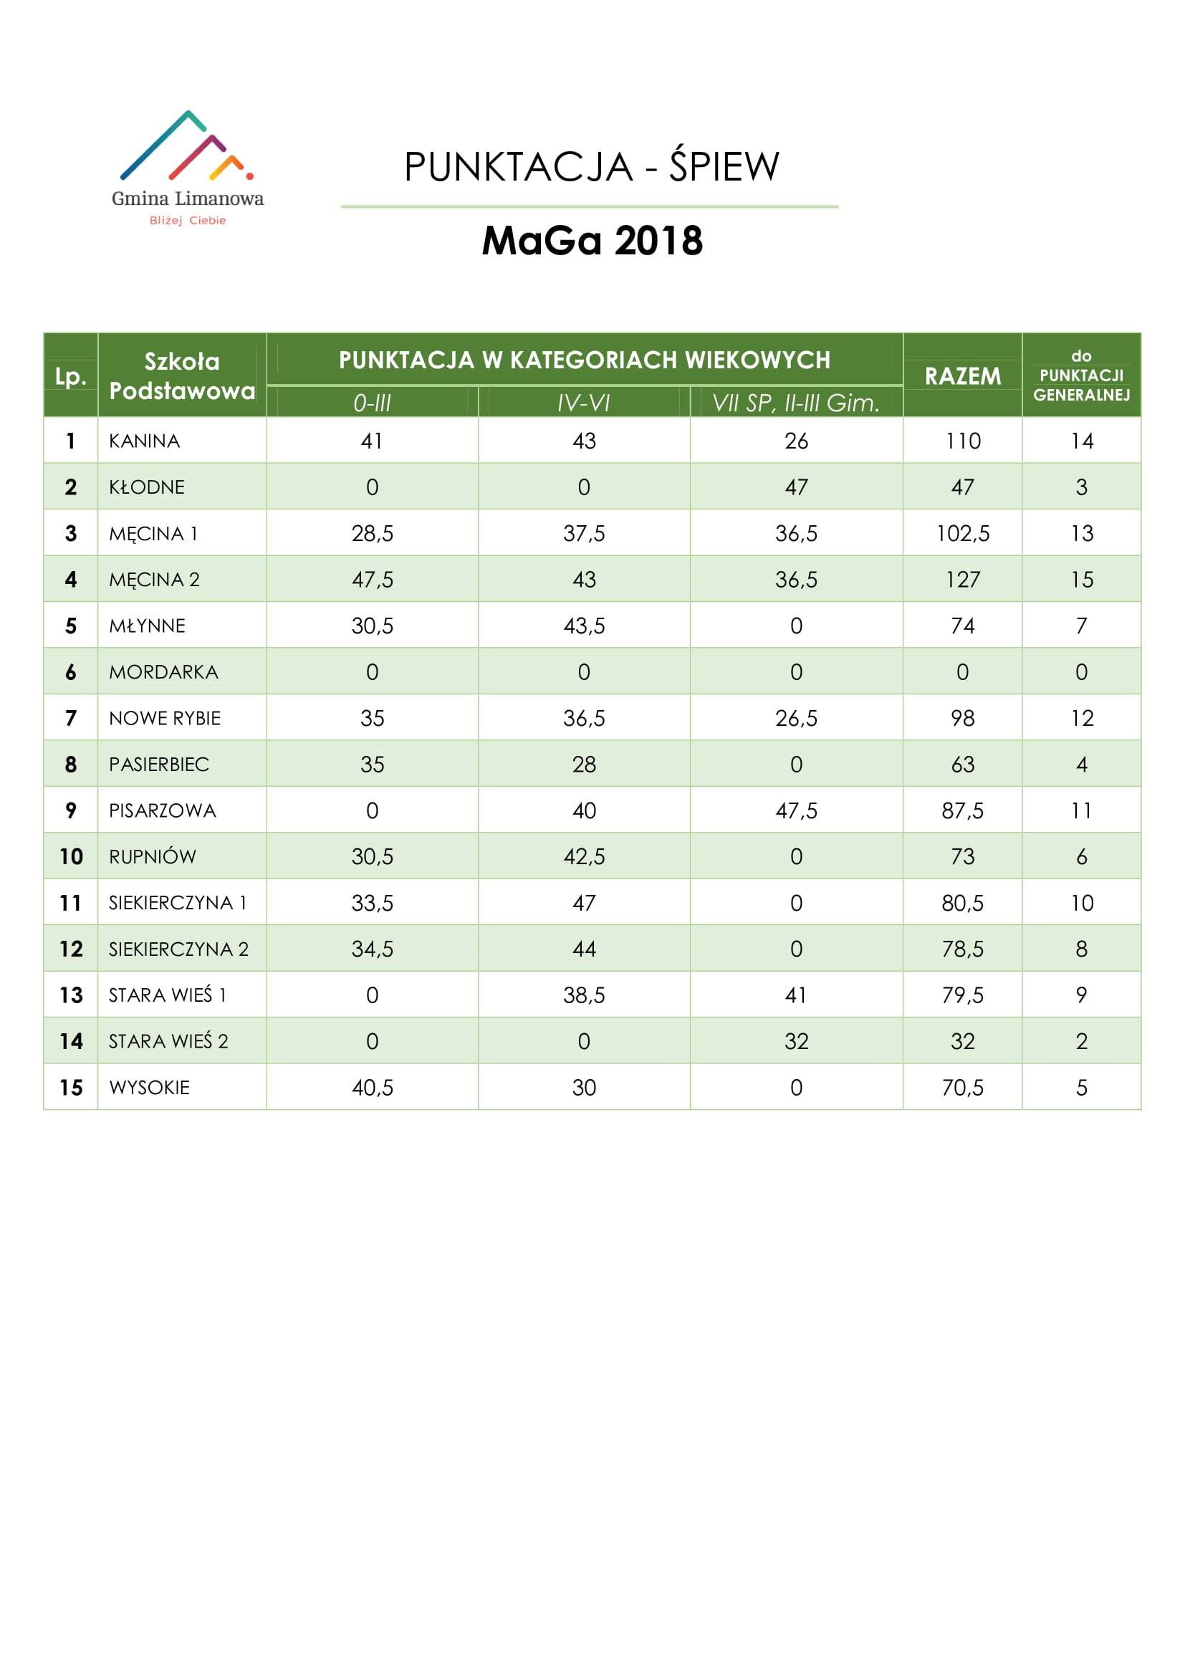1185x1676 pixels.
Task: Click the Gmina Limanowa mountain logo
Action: (187, 146)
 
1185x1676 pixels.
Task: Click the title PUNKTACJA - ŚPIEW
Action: (592, 166)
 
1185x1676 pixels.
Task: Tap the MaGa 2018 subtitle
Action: (592, 241)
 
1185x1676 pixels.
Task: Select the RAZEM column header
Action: (962, 376)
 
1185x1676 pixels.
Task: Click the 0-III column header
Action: (372, 403)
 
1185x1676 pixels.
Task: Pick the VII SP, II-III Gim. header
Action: (796, 403)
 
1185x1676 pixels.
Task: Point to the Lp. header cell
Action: (71, 377)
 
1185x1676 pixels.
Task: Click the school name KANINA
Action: (145, 441)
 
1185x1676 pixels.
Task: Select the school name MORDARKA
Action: (163, 671)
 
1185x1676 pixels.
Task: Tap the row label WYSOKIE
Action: (150, 1088)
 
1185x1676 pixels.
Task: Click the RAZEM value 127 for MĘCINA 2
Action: (962, 580)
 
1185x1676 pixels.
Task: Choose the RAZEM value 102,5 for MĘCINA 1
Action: (962, 534)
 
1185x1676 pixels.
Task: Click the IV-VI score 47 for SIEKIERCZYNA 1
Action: (584, 903)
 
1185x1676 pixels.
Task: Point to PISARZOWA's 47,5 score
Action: (796, 810)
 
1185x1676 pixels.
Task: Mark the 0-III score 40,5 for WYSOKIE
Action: (372, 1088)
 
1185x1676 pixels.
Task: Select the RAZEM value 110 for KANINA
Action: (962, 441)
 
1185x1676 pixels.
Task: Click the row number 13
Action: (71, 995)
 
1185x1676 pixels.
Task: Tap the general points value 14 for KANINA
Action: (1081, 441)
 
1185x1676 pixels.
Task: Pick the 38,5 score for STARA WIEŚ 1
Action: (584, 995)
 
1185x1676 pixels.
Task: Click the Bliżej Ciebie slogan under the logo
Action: (188, 221)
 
